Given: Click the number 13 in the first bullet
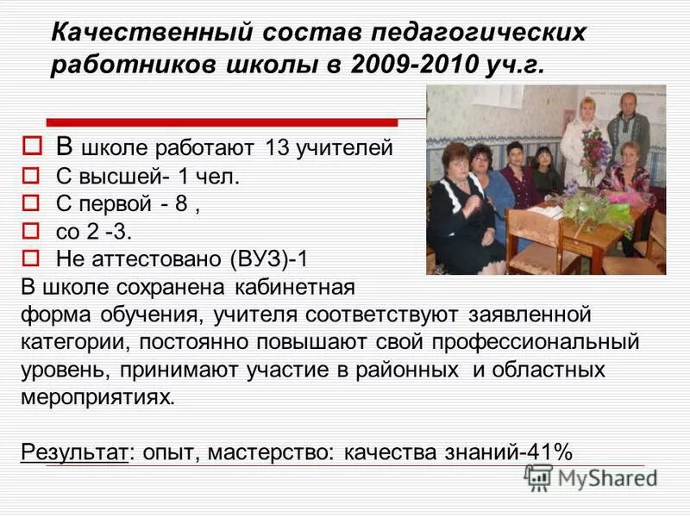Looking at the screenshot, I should (x=277, y=148).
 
